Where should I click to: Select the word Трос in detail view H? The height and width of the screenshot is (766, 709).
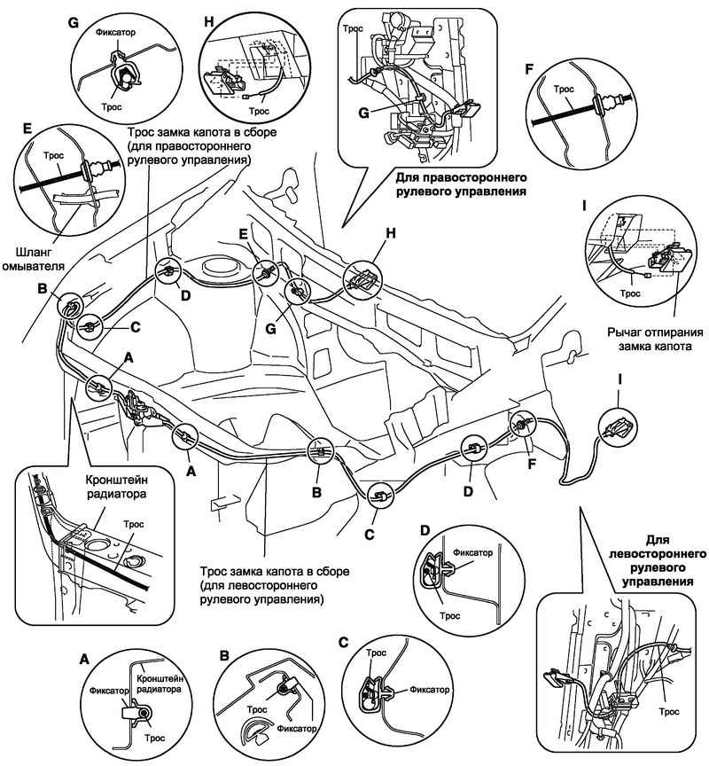tap(260, 113)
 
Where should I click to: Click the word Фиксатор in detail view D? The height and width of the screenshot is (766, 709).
tap(471, 551)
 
